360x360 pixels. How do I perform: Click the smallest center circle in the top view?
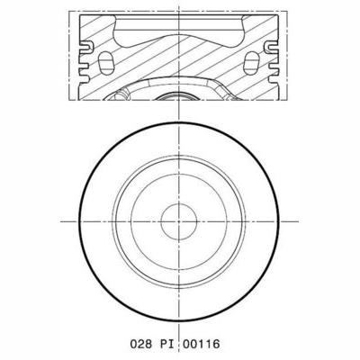180,221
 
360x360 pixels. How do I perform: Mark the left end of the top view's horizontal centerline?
61,221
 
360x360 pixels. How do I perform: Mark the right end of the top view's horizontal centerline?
299,221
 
